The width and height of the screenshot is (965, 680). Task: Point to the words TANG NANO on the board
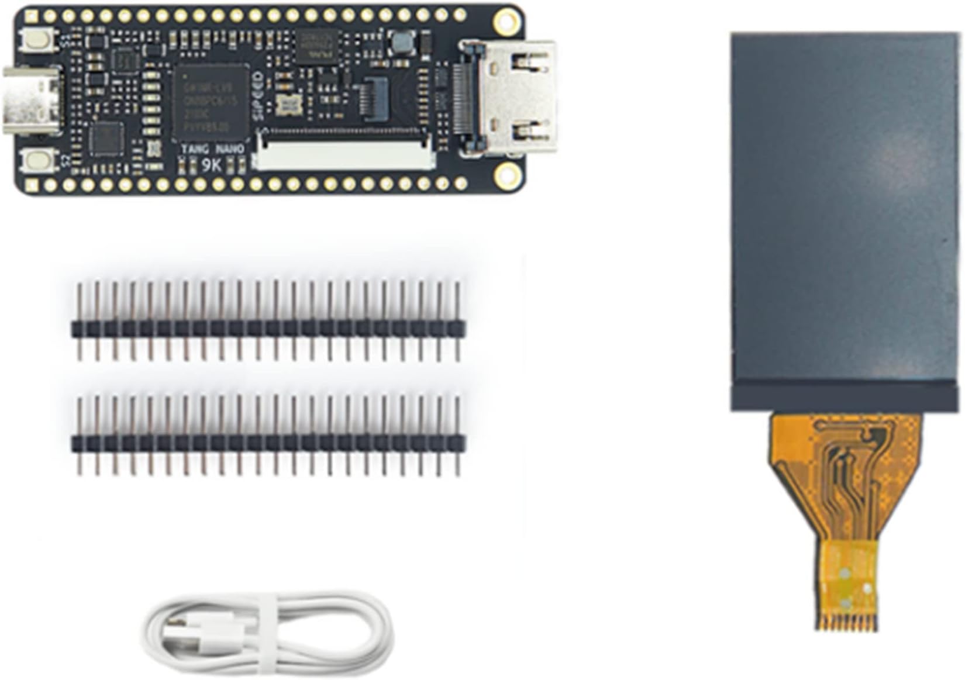pos(212,150)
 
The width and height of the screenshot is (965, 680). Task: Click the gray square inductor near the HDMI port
pos(402,42)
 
